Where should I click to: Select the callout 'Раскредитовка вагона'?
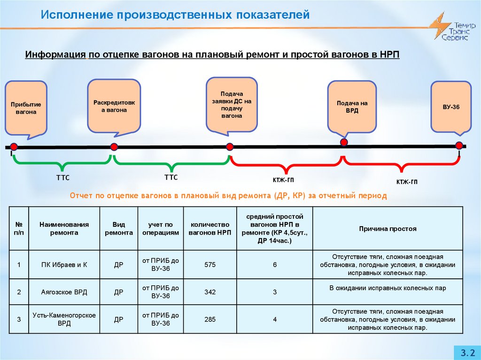(x=114, y=106)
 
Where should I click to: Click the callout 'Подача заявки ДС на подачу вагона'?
(x=232, y=105)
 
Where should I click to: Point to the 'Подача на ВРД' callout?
(x=352, y=107)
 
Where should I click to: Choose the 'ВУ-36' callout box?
(x=451, y=107)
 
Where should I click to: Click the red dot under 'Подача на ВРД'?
(x=344, y=142)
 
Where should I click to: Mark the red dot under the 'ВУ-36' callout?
(x=459, y=145)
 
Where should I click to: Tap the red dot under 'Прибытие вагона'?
(x=14, y=147)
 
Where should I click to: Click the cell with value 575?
(x=210, y=265)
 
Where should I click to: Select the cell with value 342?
(x=210, y=292)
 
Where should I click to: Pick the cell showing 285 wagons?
(x=210, y=320)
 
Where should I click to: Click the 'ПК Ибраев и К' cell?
(x=64, y=265)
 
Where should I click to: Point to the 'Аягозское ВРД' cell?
(x=64, y=292)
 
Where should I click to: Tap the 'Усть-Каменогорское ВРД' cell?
(x=64, y=320)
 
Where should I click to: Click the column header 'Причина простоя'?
(x=388, y=229)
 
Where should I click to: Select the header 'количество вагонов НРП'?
(x=210, y=229)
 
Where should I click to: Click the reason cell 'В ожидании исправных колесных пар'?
(x=388, y=288)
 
